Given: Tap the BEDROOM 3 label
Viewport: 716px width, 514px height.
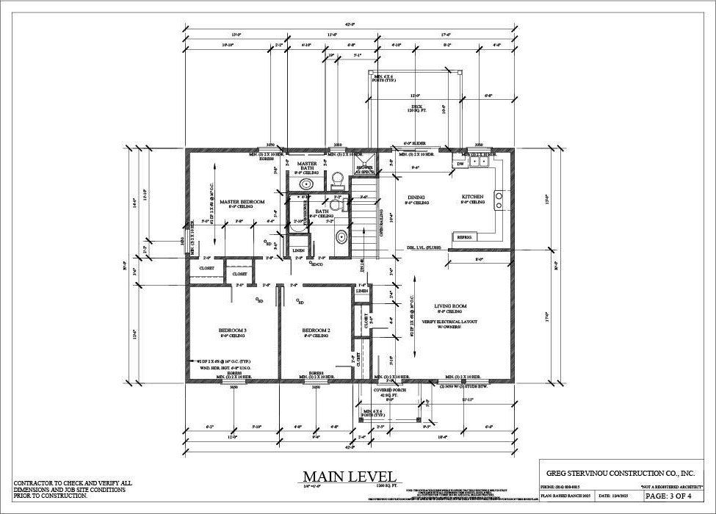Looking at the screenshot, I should point(232,330).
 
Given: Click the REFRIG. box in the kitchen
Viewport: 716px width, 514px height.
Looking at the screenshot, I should point(465,237).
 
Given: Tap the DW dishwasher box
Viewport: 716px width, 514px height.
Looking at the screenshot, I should point(460,164).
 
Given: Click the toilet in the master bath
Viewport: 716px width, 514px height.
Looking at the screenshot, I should point(338,178).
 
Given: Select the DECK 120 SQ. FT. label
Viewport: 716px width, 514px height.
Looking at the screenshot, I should point(416,108).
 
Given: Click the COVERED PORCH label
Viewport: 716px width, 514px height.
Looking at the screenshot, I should point(390,391).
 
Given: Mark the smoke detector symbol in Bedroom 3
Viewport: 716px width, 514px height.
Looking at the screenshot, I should point(258,300).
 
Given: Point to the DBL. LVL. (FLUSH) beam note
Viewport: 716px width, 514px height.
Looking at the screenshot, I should point(424,248).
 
